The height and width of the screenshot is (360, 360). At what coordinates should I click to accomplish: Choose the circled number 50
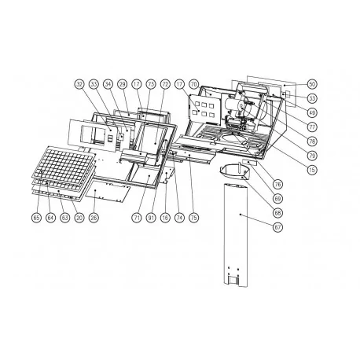(313, 83)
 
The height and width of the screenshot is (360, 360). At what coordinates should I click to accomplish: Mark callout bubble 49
(313, 112)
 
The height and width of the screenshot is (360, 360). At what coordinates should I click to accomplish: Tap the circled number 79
(313, 155)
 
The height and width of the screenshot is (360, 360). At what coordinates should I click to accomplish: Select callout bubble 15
(313, 170)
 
